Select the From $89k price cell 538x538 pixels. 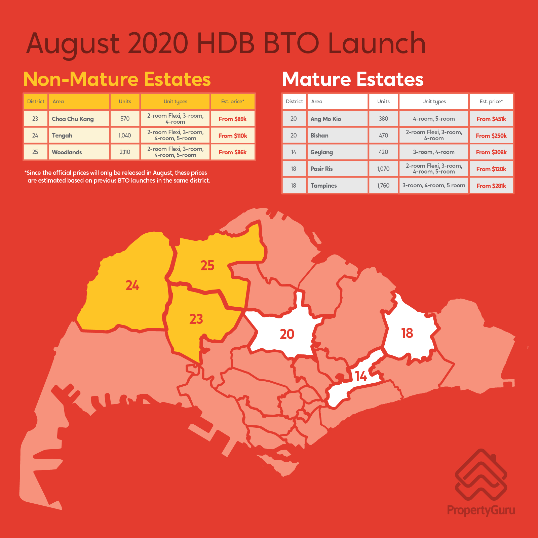pyautogui.click(x=232, y=119)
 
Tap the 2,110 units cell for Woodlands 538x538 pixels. pyautogui.click(x=125, y=152)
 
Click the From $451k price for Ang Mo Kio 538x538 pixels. pyautogui.click(x=491, y=119)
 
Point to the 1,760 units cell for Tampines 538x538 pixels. pyautogui.click(x=383, y=186)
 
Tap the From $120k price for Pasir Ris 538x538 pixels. pyautogui.click(x=491, y=169)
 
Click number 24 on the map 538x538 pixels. pyautogui.click(x=132, y=285)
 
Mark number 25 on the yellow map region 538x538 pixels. pyautogui.click(x=207, y=266)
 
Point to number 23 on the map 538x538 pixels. pyautogui.click(x=196, y=319)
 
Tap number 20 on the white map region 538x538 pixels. pyautogui.click(x=287, y=334)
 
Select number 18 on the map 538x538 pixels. pyautogui.click(x=407, y=333)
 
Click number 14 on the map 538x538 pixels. pyautogui.click(x=361, y=376)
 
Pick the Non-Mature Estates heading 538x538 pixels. pyautogui.click(x=117, y=79)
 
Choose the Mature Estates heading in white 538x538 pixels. pyautogui.click(x=353, y=79)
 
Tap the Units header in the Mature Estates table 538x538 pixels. pyautogui.click(x=383, y=102)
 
